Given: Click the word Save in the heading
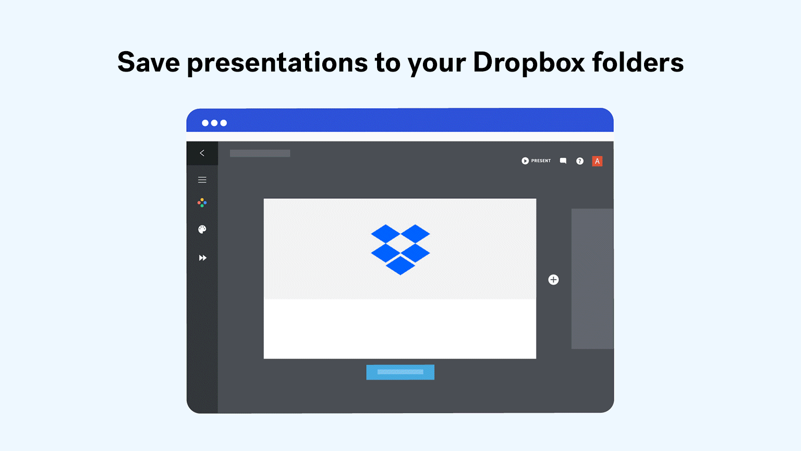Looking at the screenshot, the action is tap(149, 62).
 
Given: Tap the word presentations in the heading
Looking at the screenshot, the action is tap(277, 63).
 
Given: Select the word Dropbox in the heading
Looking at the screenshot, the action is tap(529, 63).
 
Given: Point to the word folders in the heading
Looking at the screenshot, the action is tap(638, 62).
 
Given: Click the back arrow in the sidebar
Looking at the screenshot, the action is tap(202, 153).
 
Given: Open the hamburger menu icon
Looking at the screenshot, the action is tap(202, 180).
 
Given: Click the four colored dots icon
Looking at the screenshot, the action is tap(202, 203).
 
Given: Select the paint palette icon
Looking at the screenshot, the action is tap(202, 229).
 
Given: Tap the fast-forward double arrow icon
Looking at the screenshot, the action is tap(202, 258).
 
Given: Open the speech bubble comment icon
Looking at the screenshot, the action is tap(563, 161).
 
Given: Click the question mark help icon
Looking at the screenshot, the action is tap(580, 161).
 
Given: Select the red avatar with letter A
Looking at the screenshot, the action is tap(597, 161).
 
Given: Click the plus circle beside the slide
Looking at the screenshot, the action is tap(553, 280).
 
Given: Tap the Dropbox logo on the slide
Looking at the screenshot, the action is tap(400, 250).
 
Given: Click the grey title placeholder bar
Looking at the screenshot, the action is tap(260, 153).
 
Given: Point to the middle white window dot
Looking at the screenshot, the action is tap(214, 123).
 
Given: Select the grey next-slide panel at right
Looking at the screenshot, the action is tap(592, 278).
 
